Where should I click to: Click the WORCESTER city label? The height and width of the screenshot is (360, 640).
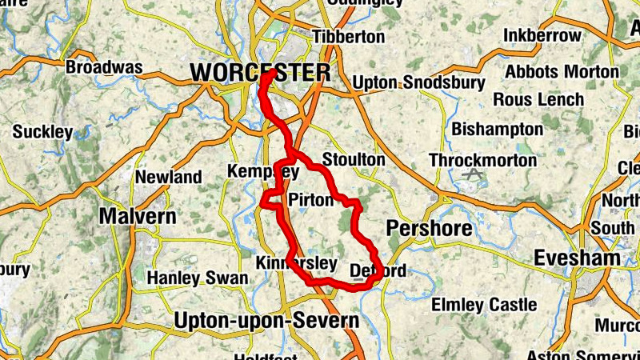(260, 73)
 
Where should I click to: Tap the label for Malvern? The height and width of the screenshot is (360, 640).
(138, 217)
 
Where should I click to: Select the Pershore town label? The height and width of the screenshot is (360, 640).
(430, 229)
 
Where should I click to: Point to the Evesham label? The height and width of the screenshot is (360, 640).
(578, 258)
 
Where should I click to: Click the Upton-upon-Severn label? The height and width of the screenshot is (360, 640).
(266, 322)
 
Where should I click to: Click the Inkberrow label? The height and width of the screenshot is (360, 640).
(542, 36)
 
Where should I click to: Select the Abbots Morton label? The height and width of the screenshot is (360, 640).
(562, 71)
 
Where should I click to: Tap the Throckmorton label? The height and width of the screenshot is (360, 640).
(482, 161)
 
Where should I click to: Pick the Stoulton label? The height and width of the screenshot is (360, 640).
(353, 160)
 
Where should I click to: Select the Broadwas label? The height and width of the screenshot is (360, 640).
(104, 67)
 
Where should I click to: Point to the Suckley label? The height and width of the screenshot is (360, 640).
(42, 131)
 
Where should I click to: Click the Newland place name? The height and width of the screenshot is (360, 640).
(168, 177)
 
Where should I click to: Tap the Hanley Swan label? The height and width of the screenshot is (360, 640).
(198, 278)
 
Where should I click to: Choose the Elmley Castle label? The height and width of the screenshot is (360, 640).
(484, 305)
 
